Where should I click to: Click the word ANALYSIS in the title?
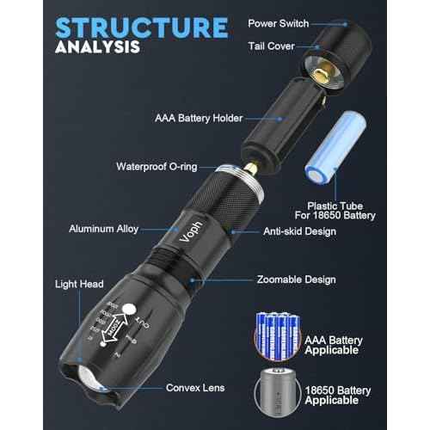tap(96, 46)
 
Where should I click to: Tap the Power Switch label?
tap(279, 23)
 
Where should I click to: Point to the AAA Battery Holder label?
tap(199, 118)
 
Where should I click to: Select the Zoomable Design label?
tap(296, 279)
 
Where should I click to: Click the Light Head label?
tap(79, 283)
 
